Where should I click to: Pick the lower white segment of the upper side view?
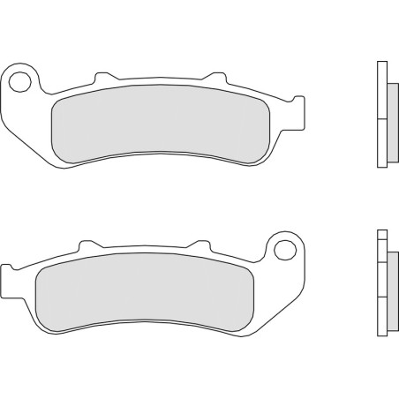click(382, 142)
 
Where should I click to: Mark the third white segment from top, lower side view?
click(381, 282)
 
